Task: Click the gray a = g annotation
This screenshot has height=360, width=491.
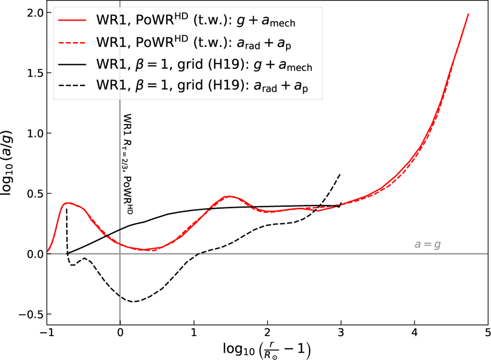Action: (427, 245)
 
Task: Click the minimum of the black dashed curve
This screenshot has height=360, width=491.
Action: (133, 302)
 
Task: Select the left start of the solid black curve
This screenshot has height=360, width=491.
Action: (68, 253)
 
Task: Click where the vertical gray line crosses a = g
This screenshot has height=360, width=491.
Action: (119, 254)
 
